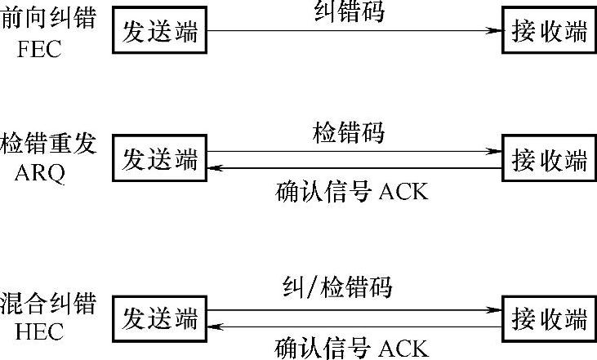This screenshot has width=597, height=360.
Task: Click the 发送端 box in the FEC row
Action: (x=159, y=30)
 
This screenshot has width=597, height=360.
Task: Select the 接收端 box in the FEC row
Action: (x=548, y=30)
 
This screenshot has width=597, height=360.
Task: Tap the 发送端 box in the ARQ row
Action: (x=159, y=158)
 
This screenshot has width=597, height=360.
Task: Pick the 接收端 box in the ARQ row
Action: (x=548, y=158)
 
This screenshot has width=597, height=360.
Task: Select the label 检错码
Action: (x=350, y=133)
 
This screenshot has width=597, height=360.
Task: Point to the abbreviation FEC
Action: (x=40, y=50)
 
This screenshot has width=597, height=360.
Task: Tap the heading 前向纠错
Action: (x=48, y=18)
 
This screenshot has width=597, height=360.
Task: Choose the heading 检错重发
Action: (x=48, y=144)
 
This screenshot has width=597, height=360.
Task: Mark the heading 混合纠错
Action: (x=48, y=304)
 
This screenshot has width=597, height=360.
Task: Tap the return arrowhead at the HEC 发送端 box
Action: (x=214, y=327)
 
